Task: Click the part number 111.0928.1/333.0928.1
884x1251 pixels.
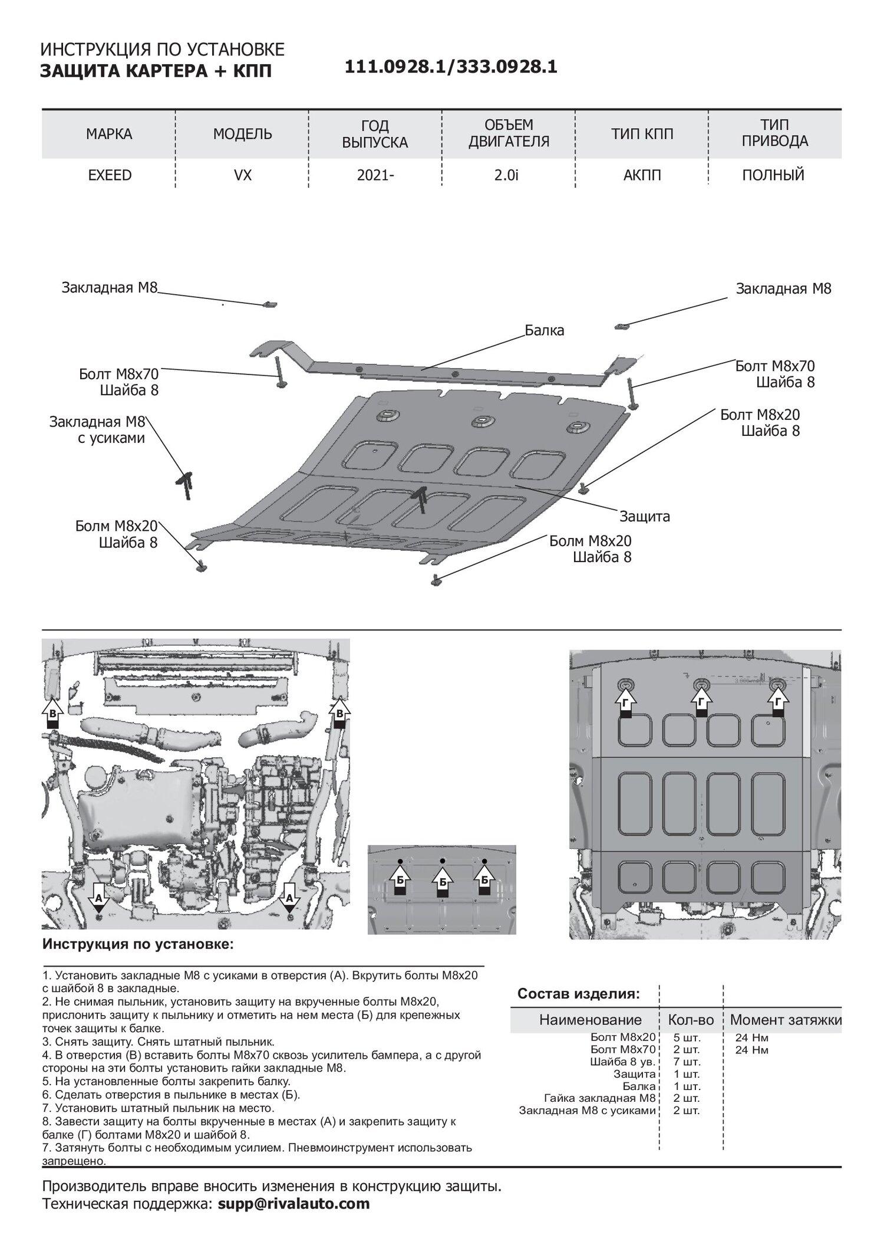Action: point(451,67)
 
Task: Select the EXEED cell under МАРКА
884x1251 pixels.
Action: point(109,175)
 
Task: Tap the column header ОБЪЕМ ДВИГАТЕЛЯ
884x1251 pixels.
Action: point(509,133)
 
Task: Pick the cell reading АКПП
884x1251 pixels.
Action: point(642,175)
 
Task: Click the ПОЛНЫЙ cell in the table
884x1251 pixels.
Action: point(774,175)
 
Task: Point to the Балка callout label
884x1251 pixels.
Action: point(545,330)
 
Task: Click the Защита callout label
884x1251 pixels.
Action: point(644,517)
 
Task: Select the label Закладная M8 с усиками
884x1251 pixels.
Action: point(97,430)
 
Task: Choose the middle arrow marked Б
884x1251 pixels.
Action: point(442,881)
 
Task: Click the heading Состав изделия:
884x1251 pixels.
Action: point(578,994)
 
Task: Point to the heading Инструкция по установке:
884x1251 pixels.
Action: point(138,944)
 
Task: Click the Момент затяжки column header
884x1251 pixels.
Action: point(786,1020)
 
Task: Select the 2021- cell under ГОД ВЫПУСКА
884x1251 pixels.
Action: point(375,175)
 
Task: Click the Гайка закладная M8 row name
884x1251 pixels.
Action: point(600,1098)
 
